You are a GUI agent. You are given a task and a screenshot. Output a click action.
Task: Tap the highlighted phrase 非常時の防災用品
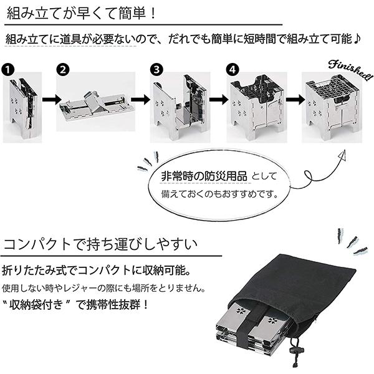click(204, 177)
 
